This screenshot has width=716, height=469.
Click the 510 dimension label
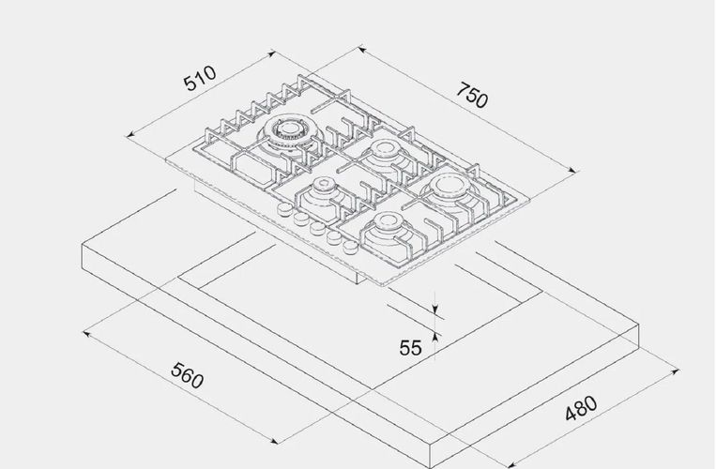coord(200,78)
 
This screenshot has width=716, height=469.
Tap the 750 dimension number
coord(472,96)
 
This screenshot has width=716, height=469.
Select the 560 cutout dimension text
coord(187,375)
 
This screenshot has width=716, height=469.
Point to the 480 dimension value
coord(581,408)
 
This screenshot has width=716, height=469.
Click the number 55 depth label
coord(410,348)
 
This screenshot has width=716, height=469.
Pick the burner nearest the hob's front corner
coord(388,227)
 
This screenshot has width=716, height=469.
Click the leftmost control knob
coord(285,209)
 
